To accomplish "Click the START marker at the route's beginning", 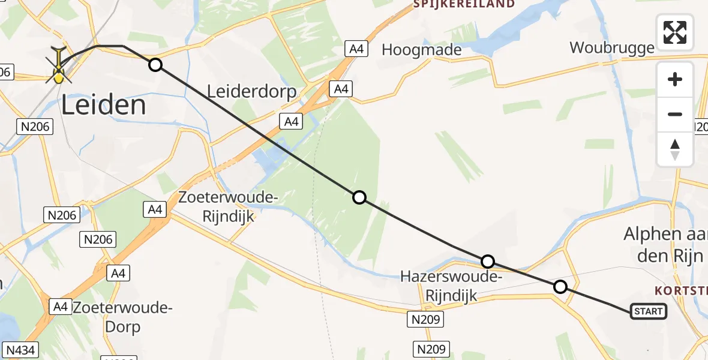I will (x=649, y=311).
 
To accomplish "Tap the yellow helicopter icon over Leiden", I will (x=59, y=66).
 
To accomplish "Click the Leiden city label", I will (x=104, y=106).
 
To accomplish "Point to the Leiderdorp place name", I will (x=252, y=92).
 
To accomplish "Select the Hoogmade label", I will (x=422, y=50).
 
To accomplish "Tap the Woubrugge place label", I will (x=611, y=48).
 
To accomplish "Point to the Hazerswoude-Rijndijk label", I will (x=451, y=286).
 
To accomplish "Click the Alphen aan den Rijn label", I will (x=663, y=245).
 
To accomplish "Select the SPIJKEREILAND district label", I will (x=464, y=4).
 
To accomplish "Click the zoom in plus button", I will (x=675, y=80).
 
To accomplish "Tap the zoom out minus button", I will (x=675, y=114).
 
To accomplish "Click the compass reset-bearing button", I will (x=675, y=149).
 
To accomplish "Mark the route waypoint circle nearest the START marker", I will (x=560, y=287).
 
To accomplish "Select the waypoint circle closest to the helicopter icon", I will (x=155, y=64).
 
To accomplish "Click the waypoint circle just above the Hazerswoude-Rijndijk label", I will (x=488, y=261).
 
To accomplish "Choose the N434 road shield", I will (x=18, y=349).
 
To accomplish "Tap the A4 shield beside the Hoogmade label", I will (x=356, y=49).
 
